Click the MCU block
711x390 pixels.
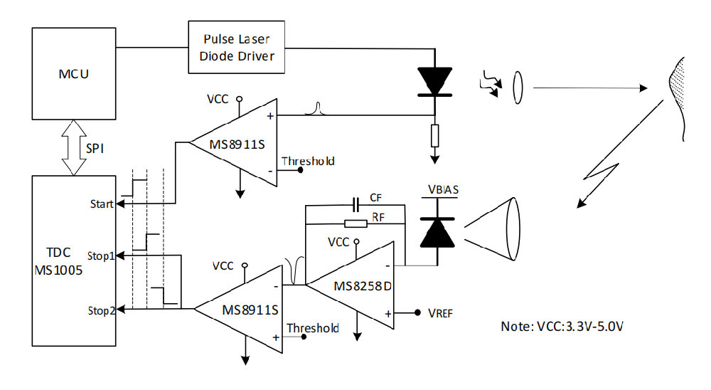tap(74, 73)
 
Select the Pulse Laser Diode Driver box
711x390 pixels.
tap(237, 47)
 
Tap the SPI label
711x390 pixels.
tap(95, 149)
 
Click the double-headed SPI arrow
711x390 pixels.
tap(74, 148)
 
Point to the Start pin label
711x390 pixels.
tap(101, 204)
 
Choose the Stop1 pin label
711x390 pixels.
tap(101, 256)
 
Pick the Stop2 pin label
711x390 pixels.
tap(101, 310)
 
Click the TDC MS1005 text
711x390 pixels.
tap(58, 261)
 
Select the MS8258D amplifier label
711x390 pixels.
tap(363, 286)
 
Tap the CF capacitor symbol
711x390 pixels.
tap(356, 205)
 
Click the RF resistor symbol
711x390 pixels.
tap(356, 223)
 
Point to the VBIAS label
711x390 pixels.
tap(443, 190)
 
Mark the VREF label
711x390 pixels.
tap(440, 313)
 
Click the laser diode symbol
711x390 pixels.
tap(435, 82)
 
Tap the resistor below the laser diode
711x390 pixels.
tap(435, 135)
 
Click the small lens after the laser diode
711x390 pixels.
tap(518, 88)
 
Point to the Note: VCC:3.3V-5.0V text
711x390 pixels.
tap(562, 327)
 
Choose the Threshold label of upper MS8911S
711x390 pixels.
tap(308, 161)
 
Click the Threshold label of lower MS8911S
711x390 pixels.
tap(312, 328)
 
